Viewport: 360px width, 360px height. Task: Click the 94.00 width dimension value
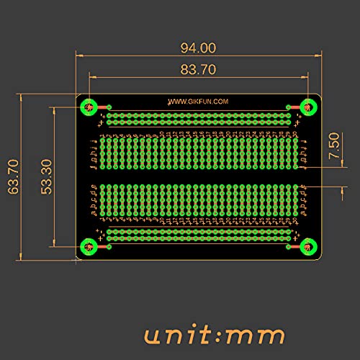(198, 48)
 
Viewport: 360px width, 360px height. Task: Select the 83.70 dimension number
(198, 69)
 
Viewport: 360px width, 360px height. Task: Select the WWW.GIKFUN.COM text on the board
(198, 102)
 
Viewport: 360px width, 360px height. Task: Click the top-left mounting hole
(88, 107)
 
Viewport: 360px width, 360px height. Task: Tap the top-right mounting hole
(308, 107)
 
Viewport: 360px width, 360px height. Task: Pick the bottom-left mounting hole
(88, 247)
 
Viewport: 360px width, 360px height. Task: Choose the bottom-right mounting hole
(308, 247)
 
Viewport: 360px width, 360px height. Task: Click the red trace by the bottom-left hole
(103, 247)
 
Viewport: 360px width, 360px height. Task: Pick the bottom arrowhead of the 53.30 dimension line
(54, 243)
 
